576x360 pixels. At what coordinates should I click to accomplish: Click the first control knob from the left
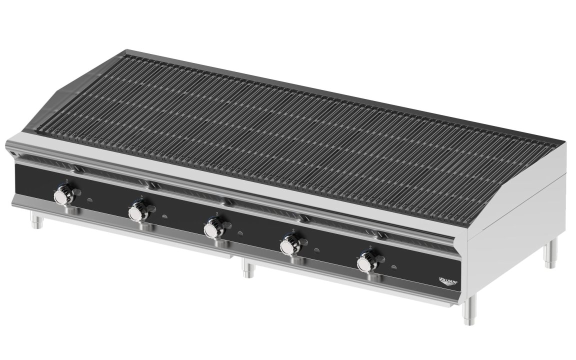pos(63,194)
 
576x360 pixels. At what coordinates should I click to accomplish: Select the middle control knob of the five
pos(212,229)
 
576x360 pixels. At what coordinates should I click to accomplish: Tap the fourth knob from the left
pos(288,246)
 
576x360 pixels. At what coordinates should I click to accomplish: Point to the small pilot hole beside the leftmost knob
pos(89,200)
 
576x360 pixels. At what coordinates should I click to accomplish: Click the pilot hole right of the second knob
pos(164,217)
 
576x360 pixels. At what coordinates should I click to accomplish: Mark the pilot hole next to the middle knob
pos(240,233)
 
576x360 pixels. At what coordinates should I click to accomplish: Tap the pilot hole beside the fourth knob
pos(316,250)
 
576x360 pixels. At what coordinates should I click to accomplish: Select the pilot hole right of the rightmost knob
pos(394,267)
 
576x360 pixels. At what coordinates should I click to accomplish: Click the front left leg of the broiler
pos(36,219)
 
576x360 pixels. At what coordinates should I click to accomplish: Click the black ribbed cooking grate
pos(300,125)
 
